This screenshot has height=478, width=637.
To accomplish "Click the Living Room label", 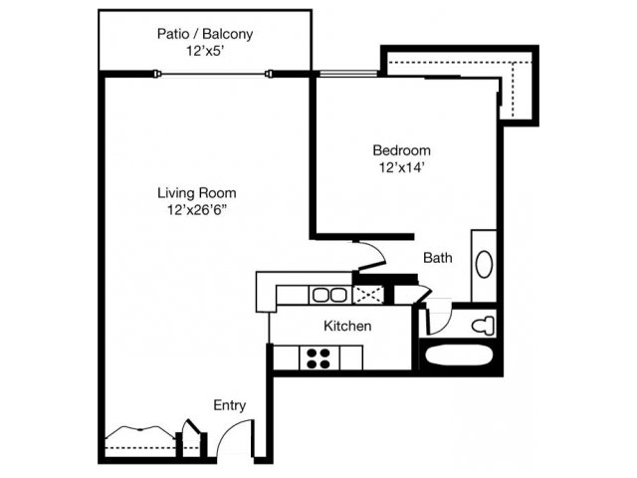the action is tap(197, 192).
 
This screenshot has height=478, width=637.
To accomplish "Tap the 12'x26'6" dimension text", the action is tap(197, 210).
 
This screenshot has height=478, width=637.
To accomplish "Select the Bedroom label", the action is tap(402, 150).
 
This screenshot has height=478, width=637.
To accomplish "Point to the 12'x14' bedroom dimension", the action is tap(402, 167).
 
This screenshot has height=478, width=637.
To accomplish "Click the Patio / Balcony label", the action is tap(205, 34).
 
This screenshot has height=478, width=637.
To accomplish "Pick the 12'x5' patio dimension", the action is tap(205, 51).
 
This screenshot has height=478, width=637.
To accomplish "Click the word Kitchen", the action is tap(347, 326).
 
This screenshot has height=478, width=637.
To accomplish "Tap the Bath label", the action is tap(438, 258).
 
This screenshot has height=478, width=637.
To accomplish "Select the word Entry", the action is tap(230, 405).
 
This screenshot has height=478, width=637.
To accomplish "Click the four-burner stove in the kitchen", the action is tap(318, 358).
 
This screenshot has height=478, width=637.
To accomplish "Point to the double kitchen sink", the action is tap(328, 295).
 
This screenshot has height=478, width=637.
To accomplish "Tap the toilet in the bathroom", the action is tap(483, 326).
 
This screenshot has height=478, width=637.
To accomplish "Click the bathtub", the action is tap(459, 357).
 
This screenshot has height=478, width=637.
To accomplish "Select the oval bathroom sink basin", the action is tap(484, 265).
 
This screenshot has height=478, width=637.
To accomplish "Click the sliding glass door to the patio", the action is tap(212, 74).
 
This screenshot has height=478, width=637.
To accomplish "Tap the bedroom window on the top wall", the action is tap(348, 74).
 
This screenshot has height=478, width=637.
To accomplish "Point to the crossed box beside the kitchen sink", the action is tap(368, 295).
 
